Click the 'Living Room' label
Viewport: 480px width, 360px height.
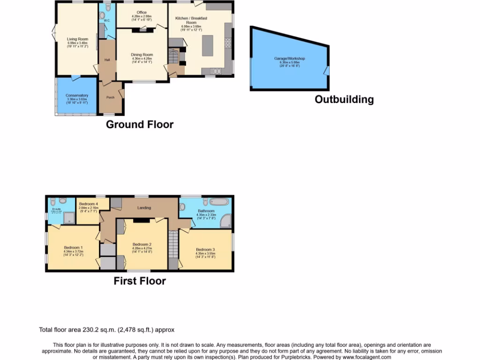click(77, 39)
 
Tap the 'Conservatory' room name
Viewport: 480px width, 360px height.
click(77, 96)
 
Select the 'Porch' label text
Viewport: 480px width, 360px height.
click(110, 97)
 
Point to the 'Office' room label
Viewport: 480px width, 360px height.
click(142, 13)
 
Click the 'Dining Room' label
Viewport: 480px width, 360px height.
click(142, 55)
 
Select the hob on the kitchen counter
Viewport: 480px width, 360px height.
click(228, 43)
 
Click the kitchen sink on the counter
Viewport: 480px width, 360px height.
click(216, 71)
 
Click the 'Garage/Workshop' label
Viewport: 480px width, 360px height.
click(289, 59)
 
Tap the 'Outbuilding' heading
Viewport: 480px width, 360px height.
click(344, 99)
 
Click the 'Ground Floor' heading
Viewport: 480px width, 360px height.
click(139, 125)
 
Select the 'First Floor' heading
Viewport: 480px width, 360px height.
click(140, 281)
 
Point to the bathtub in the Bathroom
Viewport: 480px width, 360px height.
click(219, 202)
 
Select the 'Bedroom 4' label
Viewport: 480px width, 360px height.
click(88, 204)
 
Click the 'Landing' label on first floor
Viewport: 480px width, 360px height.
click(143, 208)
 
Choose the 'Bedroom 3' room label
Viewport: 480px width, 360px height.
click(205, 249)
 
